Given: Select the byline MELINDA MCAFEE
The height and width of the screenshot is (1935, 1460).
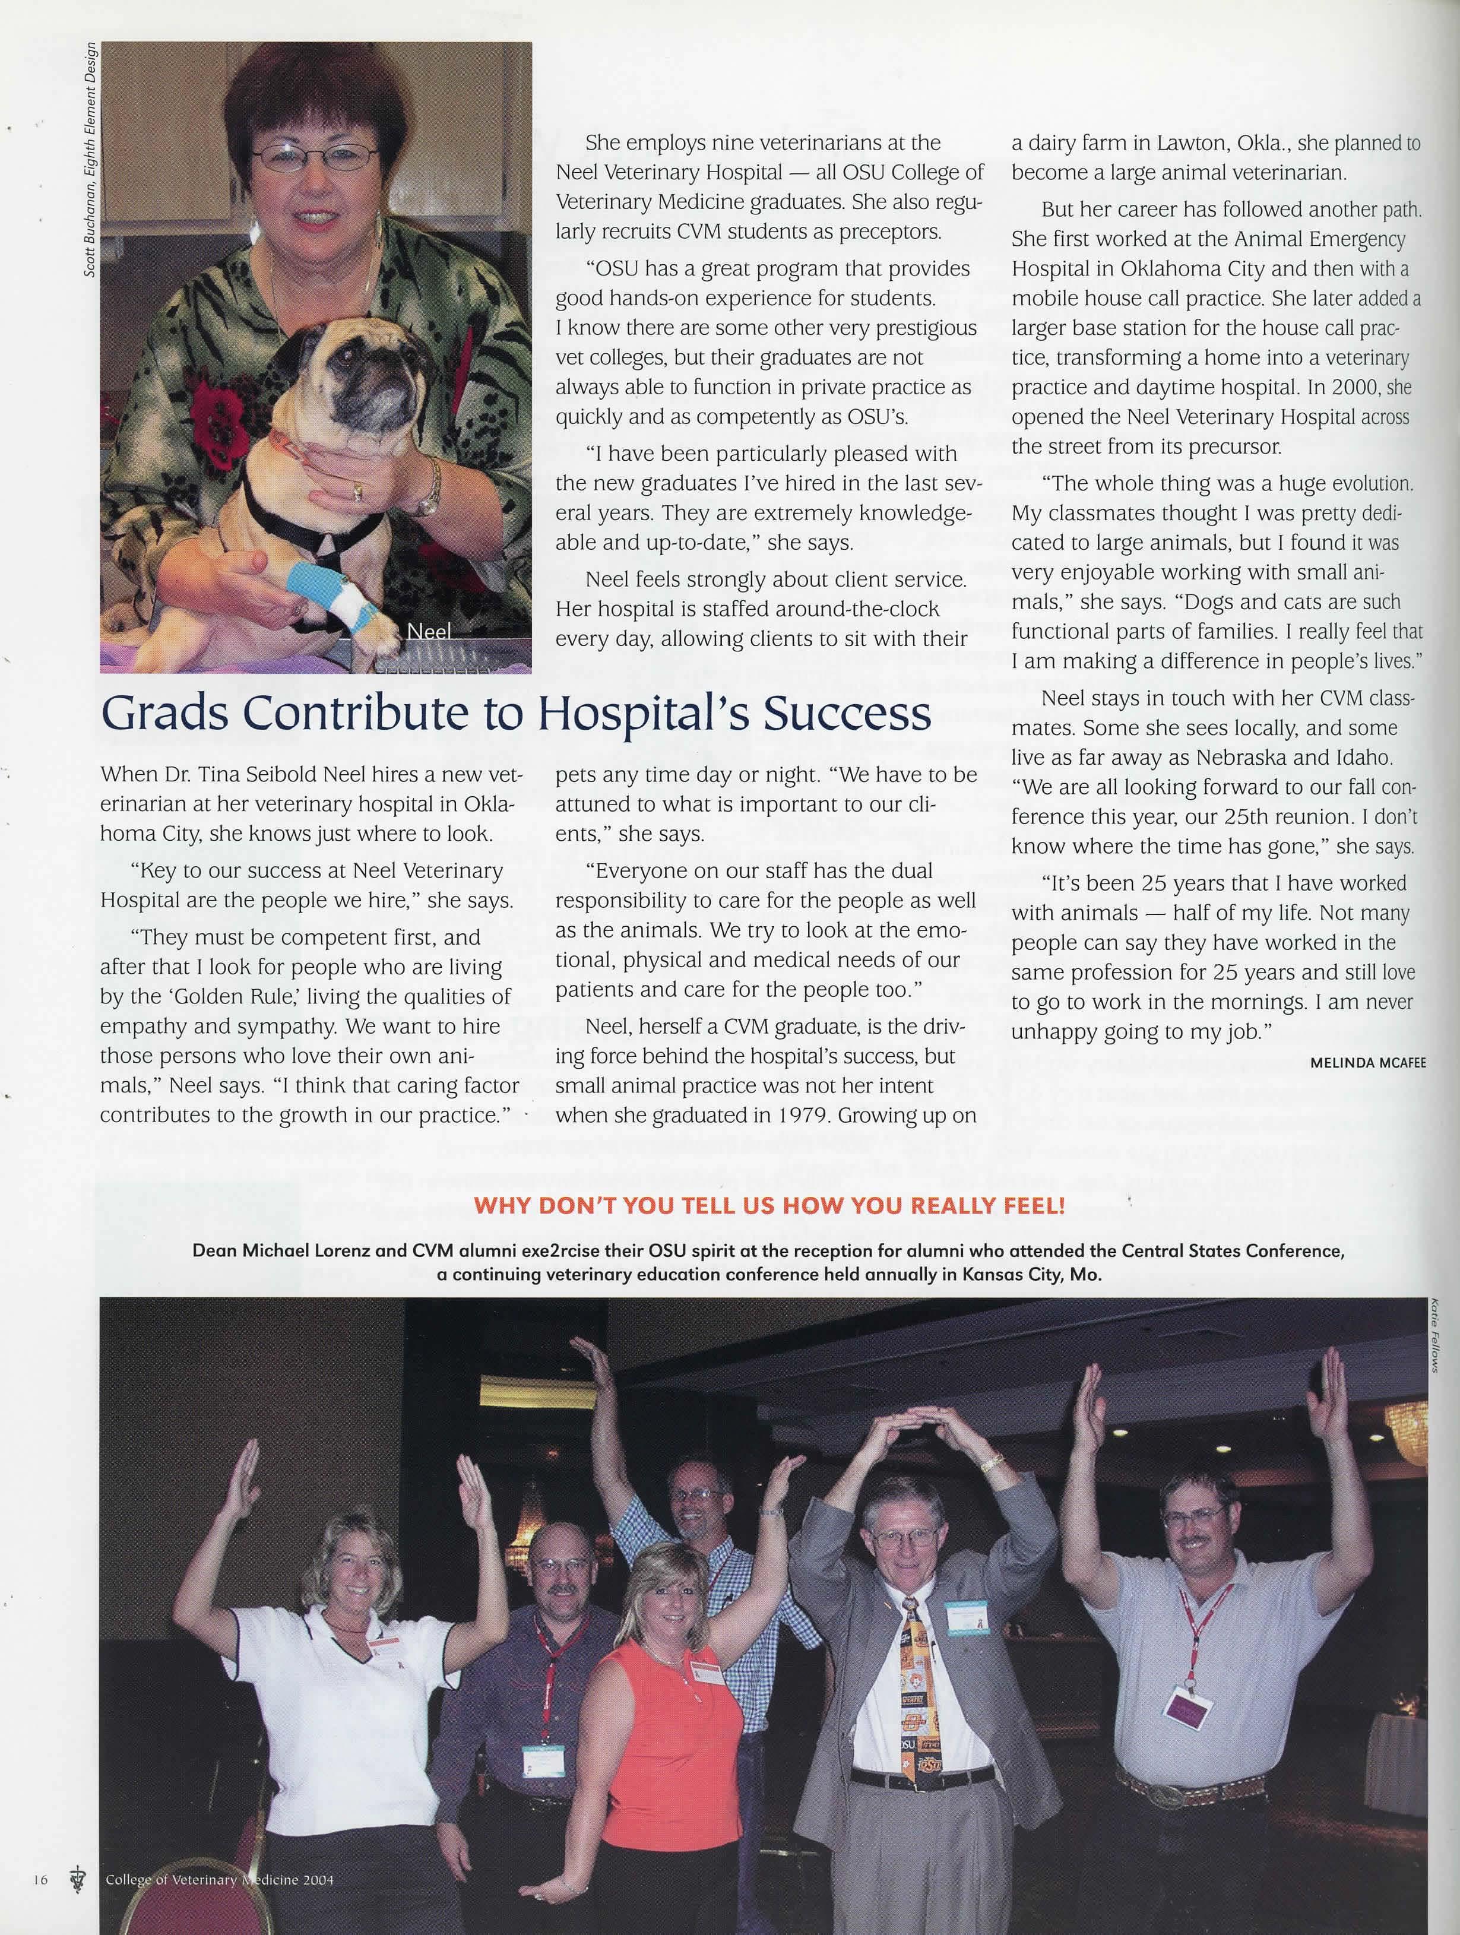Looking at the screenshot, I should [1367, 1063].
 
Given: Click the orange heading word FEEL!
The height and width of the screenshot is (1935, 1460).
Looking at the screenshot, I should [1027, 1207].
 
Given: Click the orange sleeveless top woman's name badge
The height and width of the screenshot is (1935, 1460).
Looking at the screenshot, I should [705, 1670].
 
